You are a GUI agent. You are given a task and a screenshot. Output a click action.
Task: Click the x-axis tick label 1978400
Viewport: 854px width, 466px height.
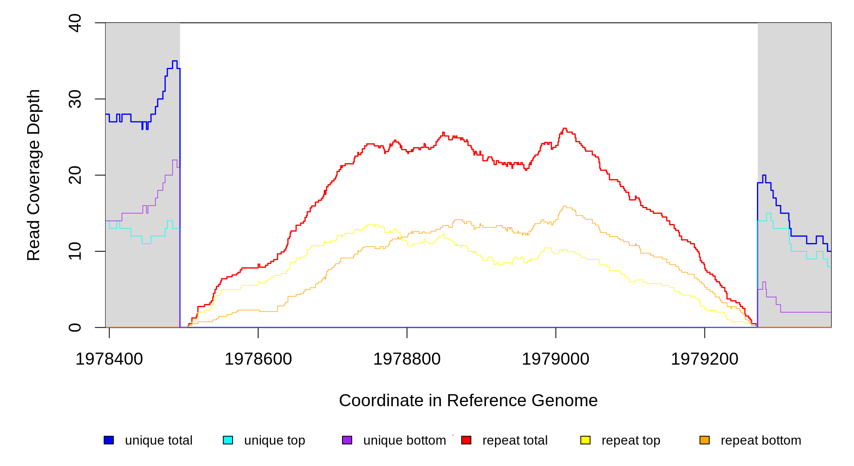[x=109, y=359]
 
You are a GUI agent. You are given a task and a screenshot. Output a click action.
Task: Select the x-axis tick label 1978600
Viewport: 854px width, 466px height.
[x=258, y=359]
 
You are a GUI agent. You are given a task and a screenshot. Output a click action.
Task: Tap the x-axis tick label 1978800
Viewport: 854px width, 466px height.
[x=407, y=359]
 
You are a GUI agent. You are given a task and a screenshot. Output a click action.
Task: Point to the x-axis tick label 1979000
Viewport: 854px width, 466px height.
[x=555, y=359]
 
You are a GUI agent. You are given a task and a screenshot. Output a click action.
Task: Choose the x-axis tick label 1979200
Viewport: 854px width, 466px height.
[x=705, y=359]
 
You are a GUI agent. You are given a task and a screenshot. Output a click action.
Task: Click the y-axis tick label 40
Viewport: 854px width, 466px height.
[x=75, y=23]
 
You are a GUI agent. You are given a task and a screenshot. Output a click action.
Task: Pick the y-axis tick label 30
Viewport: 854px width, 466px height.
[x=75, y=99]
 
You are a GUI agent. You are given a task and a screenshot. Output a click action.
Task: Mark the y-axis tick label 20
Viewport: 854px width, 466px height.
[x=75, y=175]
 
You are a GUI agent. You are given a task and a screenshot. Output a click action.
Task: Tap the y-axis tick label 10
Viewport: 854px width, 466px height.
[x=75, y=251]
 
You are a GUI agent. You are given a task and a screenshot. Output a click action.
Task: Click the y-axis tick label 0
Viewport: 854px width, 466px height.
[x=75, y=327]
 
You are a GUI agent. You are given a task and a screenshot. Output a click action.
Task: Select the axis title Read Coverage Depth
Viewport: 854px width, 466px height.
[x=34, y=175]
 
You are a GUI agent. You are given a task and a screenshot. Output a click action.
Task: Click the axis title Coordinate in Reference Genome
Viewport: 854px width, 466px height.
[x=468, y=400]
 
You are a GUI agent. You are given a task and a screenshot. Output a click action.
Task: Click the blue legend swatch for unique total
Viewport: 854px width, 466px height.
[x=109, y=440]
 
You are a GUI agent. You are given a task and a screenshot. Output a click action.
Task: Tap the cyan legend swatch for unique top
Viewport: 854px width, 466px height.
[x=228, y=440]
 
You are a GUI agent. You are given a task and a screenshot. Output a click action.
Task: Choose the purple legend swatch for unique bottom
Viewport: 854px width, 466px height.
[x=347, y=440]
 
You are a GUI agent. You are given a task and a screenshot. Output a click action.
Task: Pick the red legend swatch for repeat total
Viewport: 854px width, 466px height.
[x=466, y=440]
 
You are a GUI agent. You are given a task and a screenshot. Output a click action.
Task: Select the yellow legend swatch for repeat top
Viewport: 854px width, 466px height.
[x=585, y=440]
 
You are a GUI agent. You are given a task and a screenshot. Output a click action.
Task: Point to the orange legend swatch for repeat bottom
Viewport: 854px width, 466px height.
[x=705, y=440]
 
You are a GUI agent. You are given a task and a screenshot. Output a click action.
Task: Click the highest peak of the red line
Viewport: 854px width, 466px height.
[x=564, y=129]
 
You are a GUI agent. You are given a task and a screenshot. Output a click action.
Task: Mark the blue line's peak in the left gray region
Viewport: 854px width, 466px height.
[x=175, y=61]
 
